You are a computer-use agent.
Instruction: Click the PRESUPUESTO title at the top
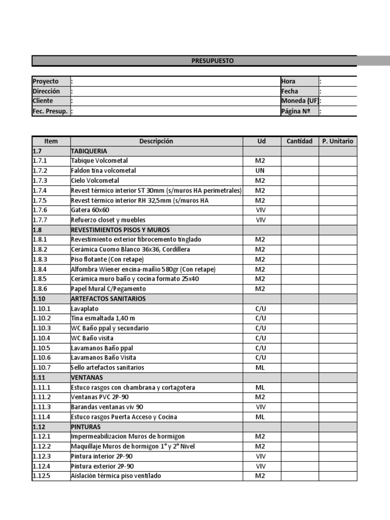213,61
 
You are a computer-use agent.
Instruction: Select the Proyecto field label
45,81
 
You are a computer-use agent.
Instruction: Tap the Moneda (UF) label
300,101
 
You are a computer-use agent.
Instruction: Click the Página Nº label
296,111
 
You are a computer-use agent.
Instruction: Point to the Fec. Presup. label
50,111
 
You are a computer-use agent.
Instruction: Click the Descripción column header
156,141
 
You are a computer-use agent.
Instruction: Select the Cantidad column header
300,141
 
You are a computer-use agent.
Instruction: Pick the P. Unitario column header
338,141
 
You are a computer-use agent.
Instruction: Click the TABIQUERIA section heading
89,151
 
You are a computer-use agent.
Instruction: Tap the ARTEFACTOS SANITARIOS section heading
108,299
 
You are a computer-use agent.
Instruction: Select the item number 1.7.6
40,210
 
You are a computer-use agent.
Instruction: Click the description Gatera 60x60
90,210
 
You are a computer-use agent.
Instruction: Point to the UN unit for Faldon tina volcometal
260,171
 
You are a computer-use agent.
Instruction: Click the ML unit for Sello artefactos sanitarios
260,368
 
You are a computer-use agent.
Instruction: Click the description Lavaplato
85,309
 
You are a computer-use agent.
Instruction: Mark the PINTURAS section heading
86,427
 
